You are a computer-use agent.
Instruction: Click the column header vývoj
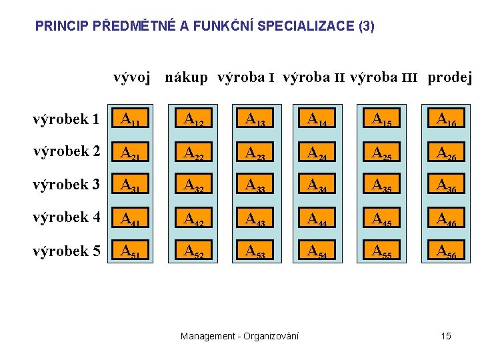(x=131, y=78)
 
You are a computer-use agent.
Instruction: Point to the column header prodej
(x=449, y=78)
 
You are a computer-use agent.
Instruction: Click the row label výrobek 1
(x=66, y=120)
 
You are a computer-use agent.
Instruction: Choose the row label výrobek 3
(x=66, y=185)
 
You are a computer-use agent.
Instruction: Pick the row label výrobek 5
(x=66, y=251)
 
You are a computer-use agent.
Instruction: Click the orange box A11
(x=131, y=120)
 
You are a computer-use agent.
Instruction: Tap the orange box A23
(x=257, y=153)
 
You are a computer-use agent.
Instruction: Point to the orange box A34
(x=319, y=185)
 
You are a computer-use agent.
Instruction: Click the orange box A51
(x=131, y=251)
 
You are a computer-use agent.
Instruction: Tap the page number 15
(x=445, y=336)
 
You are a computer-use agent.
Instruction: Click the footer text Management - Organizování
(x=239, y=336)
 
